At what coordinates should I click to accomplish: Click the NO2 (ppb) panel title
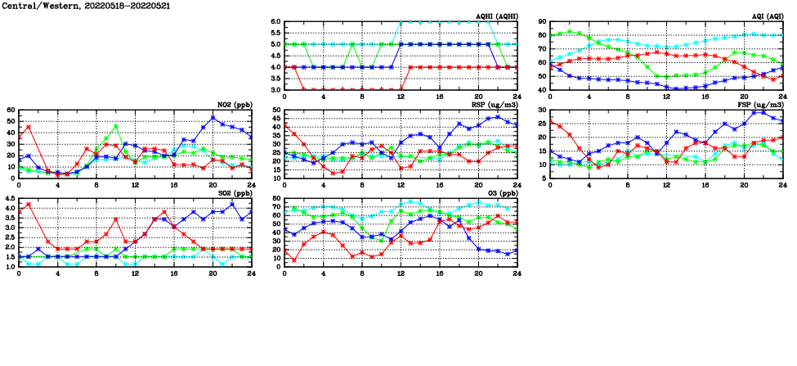click(235, 105)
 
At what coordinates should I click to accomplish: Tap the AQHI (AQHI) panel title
click(496, 16)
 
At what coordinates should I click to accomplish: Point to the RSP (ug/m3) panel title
click(495, 105)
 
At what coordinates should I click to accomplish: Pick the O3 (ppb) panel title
click(500, 193)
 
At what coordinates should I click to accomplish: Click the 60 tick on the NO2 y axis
click(11, 110)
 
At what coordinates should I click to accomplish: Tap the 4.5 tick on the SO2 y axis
click(9, 198)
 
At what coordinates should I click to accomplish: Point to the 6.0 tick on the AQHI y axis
click(275, 21)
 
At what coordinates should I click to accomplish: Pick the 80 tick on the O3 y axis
click(276, 198)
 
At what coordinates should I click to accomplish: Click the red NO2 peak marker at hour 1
click(29, 127)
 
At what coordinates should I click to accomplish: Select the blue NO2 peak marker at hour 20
click(213, 118)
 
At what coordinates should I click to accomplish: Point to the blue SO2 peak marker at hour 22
click(232, 204)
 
